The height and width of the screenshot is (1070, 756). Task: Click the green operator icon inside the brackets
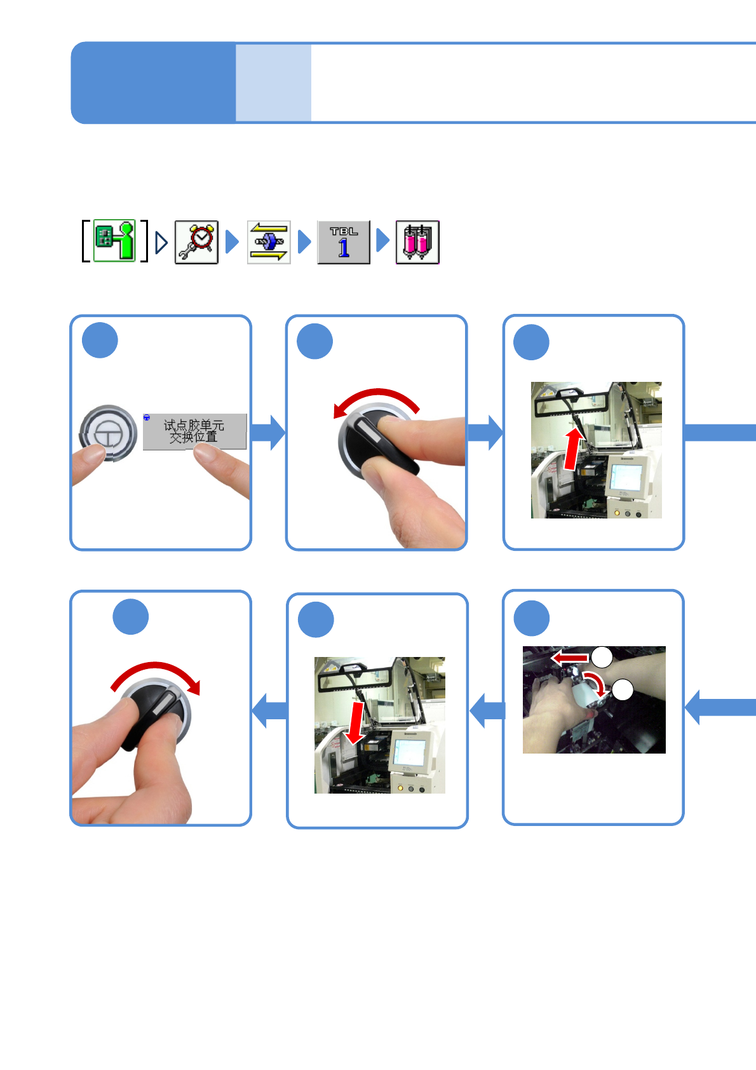(115, 241)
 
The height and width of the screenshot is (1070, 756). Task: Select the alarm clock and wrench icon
(197, 242)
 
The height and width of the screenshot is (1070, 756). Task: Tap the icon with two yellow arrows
(269, 242)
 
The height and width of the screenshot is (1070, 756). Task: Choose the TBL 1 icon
(344, 242)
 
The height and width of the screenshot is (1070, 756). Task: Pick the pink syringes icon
(417, 242)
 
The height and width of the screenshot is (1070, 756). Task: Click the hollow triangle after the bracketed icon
(161, 242)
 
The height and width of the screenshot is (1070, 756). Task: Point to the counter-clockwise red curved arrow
(376, 398)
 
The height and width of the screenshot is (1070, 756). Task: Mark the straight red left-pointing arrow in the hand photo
(569, 658)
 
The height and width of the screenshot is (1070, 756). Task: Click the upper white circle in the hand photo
(602, 657)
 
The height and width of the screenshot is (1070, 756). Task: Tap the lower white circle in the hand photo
(623, 689)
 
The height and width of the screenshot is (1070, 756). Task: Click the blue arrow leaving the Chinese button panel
(268, 433)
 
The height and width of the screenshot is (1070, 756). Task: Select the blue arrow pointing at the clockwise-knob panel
(269, 710)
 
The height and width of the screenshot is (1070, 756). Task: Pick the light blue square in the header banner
(273, 83)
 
